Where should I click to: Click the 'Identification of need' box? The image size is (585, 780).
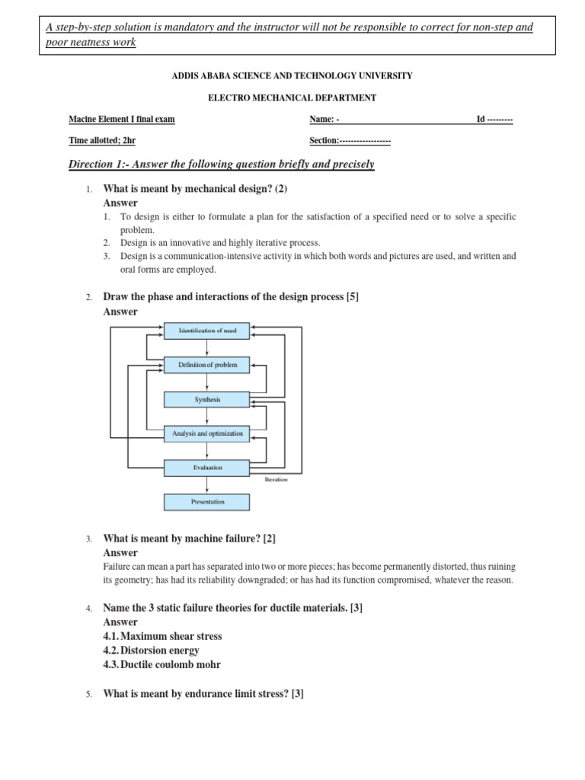[207, 331]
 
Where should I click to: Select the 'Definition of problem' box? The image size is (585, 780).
[207, 365]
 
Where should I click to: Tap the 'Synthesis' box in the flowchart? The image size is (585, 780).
[207, 399]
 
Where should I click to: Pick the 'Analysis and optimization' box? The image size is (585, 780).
[207, 433]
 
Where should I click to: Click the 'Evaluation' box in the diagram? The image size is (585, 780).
[207, 468]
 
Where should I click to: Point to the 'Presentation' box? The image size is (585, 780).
[207, 502]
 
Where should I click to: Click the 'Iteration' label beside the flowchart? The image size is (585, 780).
[276, 480]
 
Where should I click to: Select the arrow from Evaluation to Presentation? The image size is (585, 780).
[207, 484]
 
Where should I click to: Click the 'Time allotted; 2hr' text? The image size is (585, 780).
[102, 141]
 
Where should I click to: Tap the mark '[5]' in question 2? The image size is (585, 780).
[352, 297]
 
